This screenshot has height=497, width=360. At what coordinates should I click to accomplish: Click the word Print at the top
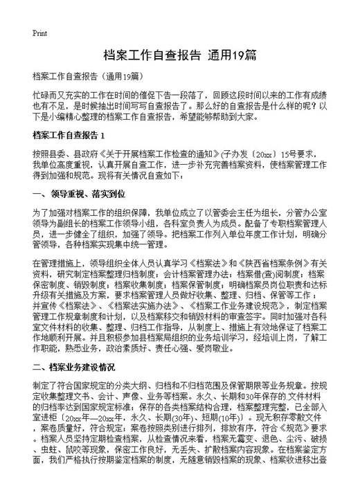[40, 33]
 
